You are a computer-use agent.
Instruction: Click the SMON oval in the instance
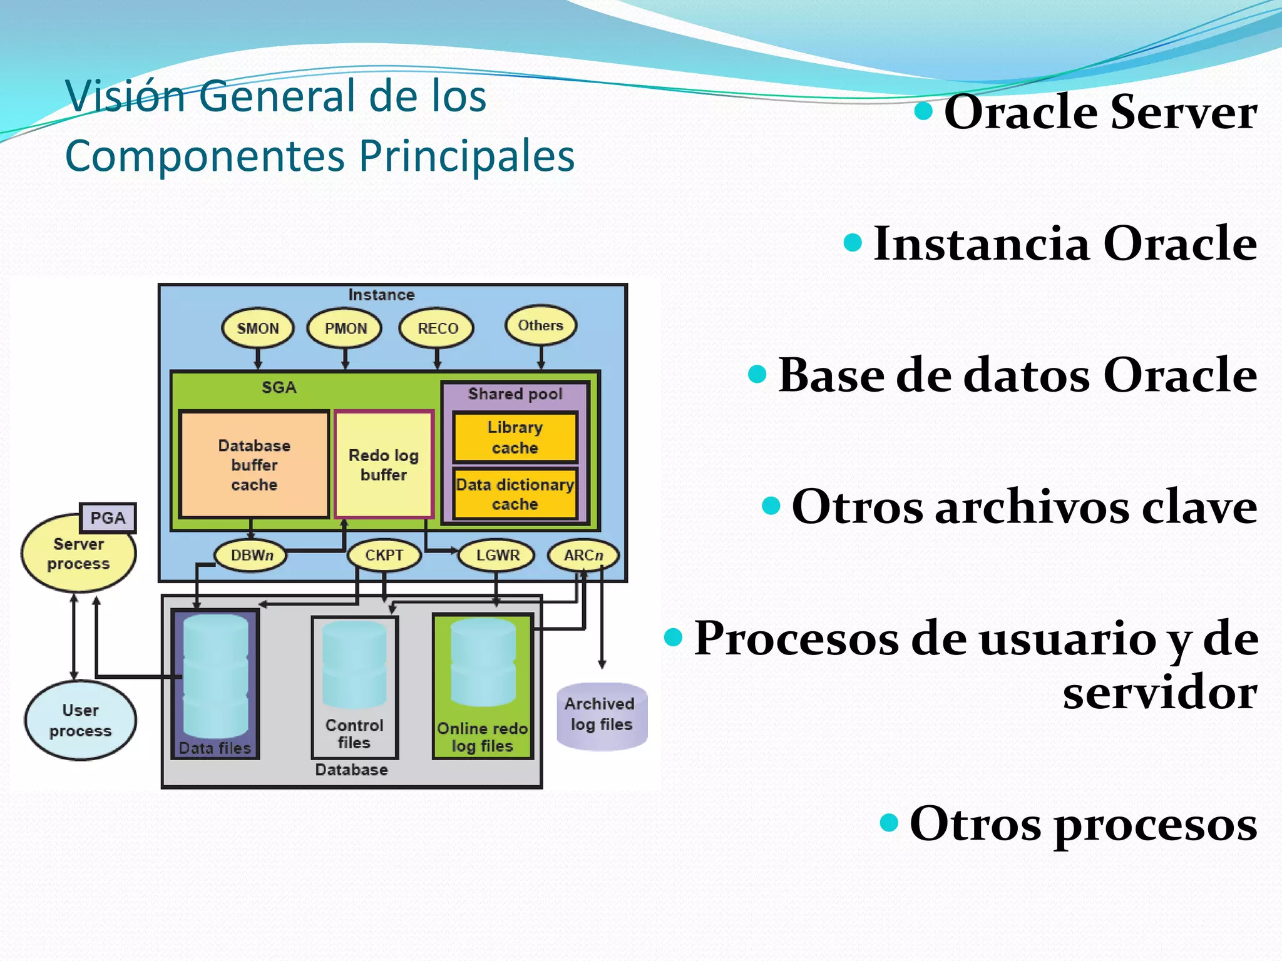pos(258,328)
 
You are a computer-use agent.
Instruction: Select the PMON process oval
pos(345,328)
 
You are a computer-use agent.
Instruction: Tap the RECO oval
pos(437,328)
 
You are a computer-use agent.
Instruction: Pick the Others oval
pos(541,325)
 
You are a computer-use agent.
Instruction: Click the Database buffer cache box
pos(254,465)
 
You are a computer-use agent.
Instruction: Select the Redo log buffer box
pos(384,465)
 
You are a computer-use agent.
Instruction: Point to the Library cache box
pos(515,437)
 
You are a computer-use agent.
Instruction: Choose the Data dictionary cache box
pos(515,494)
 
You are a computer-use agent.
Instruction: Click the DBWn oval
pos(251,555)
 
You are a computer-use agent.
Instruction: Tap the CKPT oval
pos(384,555)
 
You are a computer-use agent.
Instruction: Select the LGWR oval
pos(497,555)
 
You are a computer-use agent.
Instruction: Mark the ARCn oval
pos(583,555)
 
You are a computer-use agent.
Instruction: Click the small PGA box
pos(108,518)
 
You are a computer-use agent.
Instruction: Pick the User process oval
pos(80,721)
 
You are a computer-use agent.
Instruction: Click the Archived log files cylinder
pos(601,716)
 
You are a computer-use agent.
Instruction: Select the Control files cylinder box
pos(354,687)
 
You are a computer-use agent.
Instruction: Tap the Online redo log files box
pos(483,687)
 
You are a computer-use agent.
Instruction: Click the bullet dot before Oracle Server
pos(923,111)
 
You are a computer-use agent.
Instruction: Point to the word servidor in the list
pos(1160,693)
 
